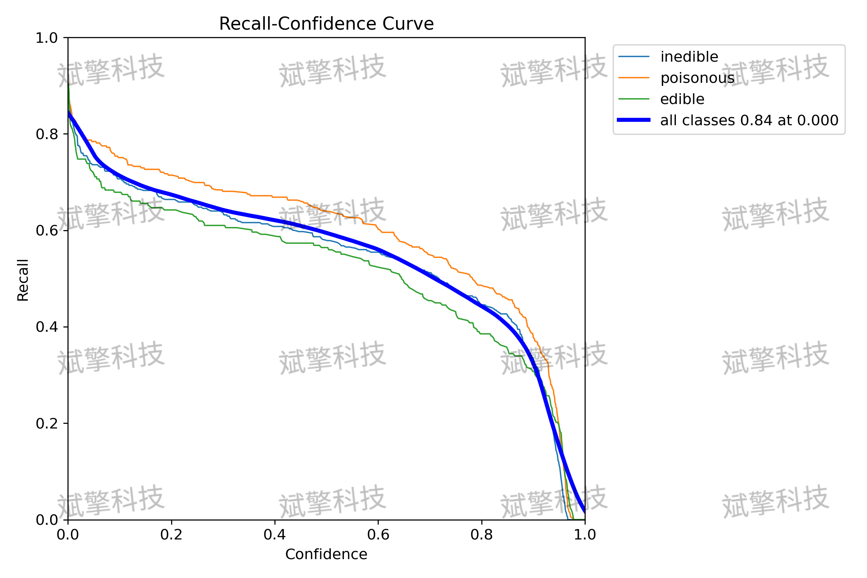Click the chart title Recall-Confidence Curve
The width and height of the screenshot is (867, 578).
click(x=326, y=24)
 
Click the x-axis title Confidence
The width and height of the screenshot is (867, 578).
click(x=326, y=554)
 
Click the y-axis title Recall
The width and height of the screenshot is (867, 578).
click(x=23, y=280)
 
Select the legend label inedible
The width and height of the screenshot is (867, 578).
click(x=689, y=57)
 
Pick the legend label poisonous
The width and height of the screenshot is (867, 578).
click(x=697, y=78)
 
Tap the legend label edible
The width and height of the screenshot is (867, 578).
click(x=682, y=99)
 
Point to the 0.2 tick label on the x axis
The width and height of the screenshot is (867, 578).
click(x=171, y=535)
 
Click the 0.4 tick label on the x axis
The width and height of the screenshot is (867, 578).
click(x=275, y=535)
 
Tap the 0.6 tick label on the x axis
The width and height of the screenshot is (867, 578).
click(x=378, y=535)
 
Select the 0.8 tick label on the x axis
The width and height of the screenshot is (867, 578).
click(x=482, y=535)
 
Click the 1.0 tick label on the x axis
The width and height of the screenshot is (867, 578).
click(x=585, y=535)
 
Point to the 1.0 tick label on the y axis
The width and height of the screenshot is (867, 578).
click(x=47, y=38)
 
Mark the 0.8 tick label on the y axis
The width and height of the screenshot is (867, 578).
click(x=47, y=134)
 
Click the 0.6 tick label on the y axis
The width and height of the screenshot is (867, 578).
click(x=47, y=231)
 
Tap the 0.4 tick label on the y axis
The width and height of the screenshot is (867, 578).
click(x=47, y=327)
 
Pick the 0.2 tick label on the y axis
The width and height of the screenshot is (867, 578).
click(x=47, y=423)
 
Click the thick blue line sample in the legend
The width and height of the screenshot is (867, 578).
click(x=634, y=120)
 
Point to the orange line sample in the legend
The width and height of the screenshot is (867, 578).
click(x=634, y=78)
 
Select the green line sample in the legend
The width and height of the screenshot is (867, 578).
click(x=634, y=99)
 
